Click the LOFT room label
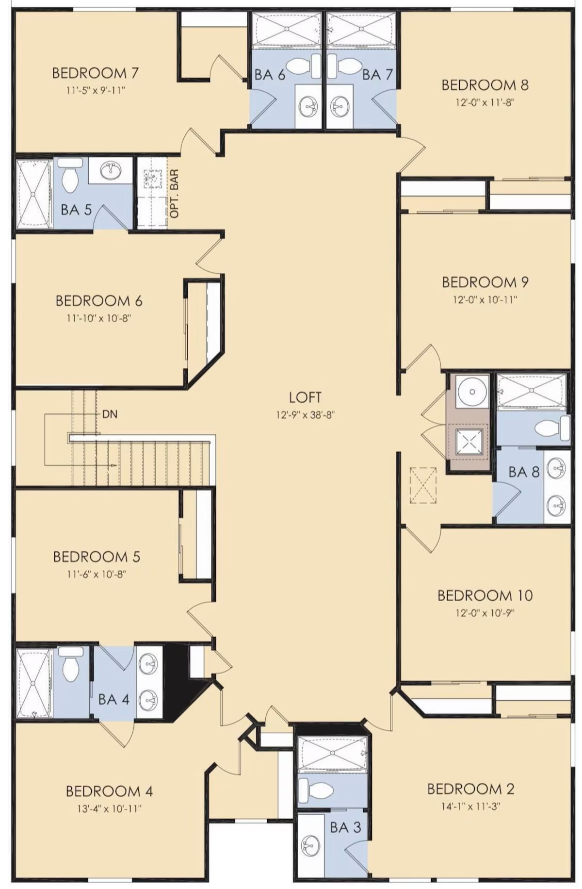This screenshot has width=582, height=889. [305, 397]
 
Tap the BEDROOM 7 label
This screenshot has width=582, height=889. [96, 73]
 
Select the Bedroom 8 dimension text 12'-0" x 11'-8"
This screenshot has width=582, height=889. [485, 102]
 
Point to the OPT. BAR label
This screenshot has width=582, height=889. [175, 193]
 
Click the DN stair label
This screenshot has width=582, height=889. [110, 414]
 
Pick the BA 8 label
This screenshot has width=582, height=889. [524, 472]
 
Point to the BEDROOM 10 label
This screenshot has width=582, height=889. [485, 595]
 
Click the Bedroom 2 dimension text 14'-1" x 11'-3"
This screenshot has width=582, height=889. [470, 807]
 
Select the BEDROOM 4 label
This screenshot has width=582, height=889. [109, 791]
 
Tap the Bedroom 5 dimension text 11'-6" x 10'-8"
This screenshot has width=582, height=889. [97, 574]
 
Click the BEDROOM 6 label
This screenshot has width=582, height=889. [99, 301]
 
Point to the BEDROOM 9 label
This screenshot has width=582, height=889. [485, 282]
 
